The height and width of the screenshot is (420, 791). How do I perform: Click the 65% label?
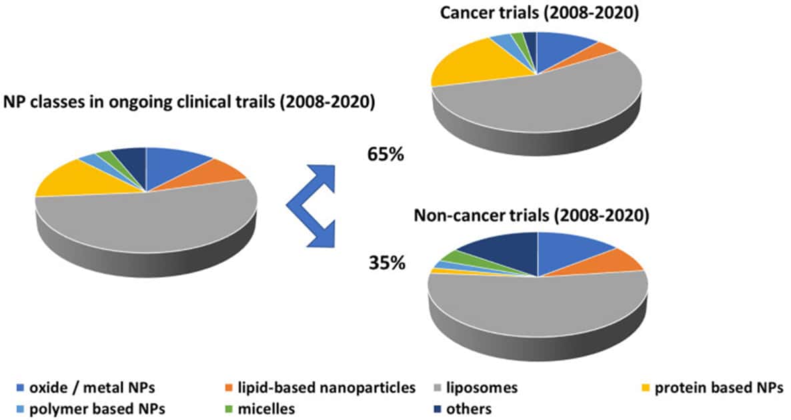tap(385, 155)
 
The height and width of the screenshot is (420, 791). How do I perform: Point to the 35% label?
tap(387, 263)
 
